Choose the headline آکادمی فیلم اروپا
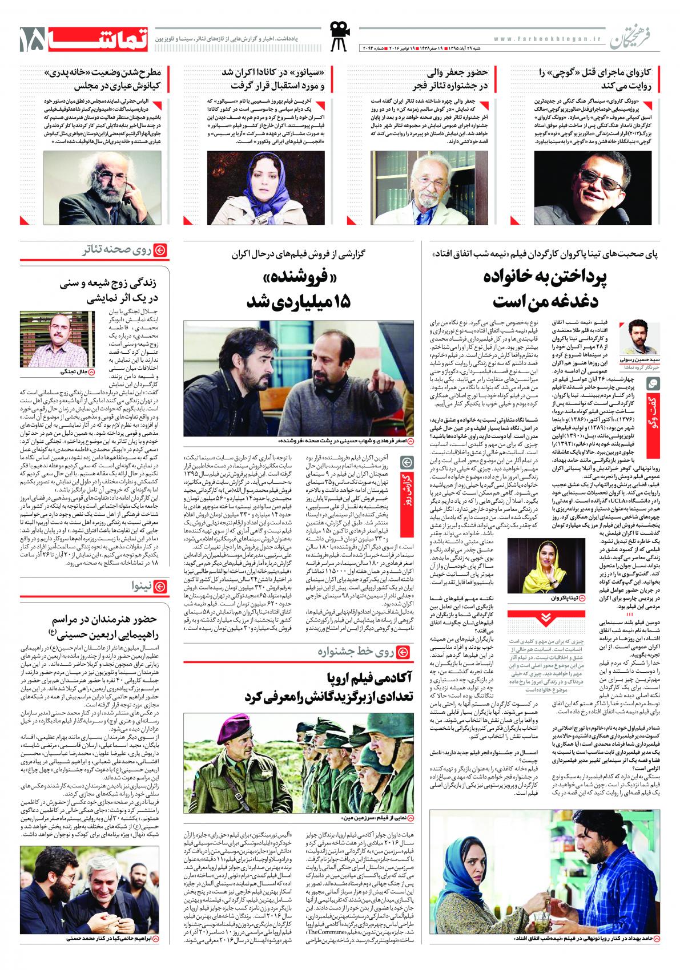point(371,678)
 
